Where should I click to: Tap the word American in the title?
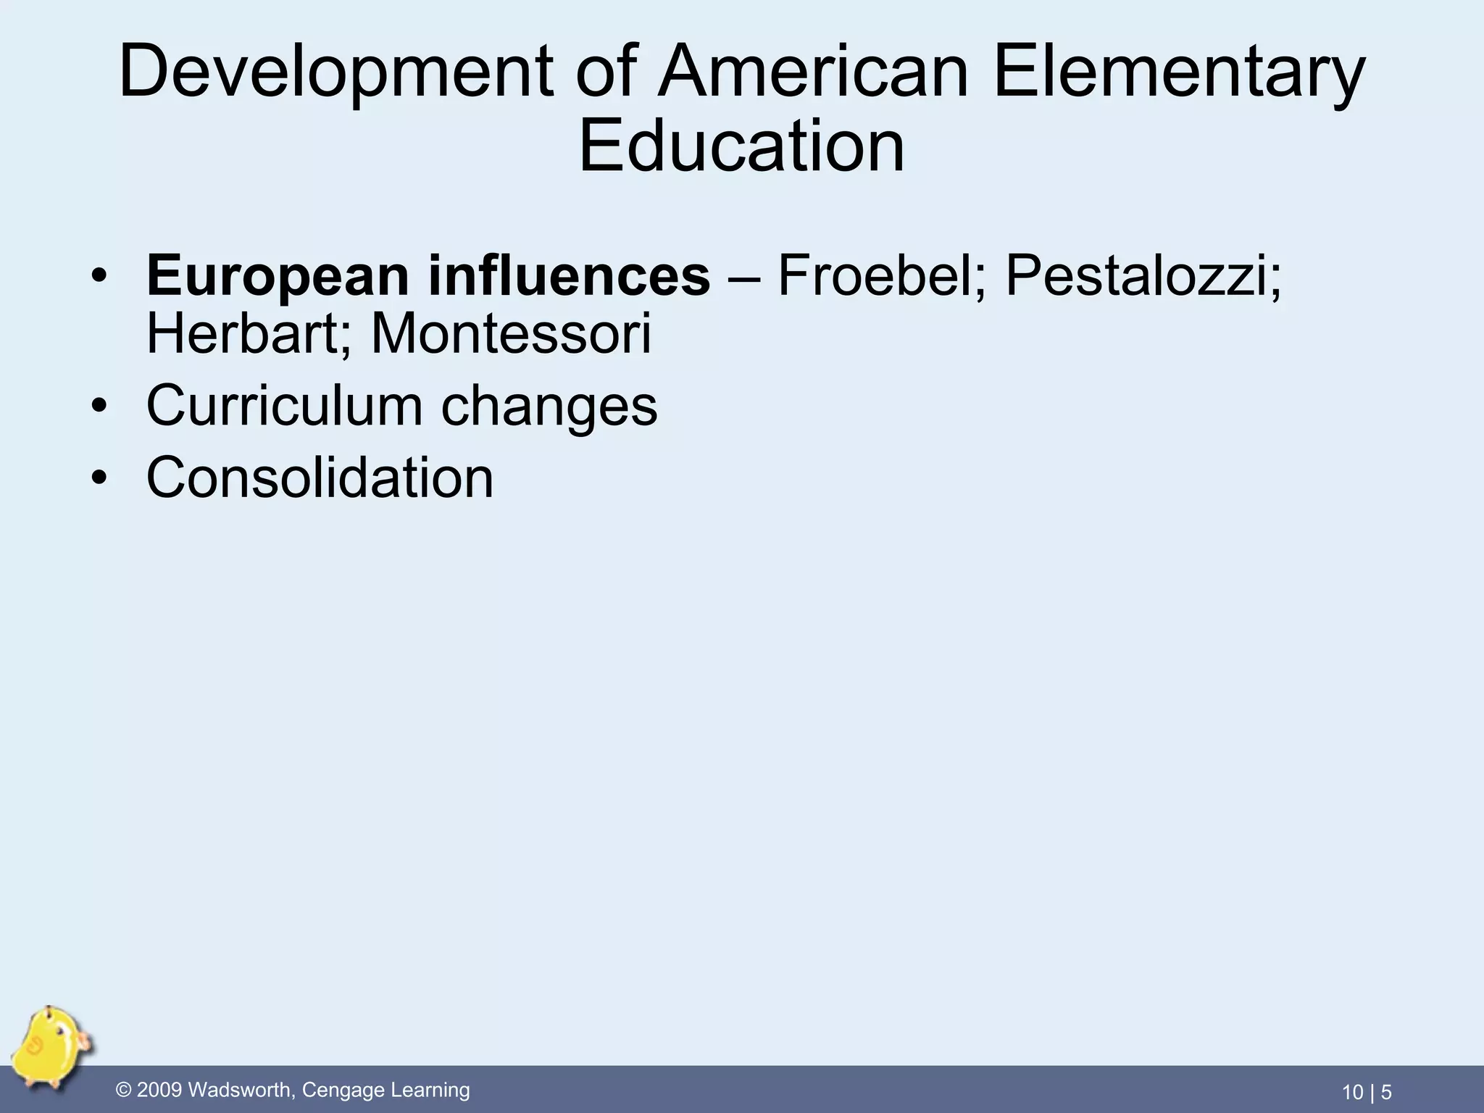(x=812, y=72)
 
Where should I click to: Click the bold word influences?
(x=569, y=276)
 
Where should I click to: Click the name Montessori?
(x=511, y=334)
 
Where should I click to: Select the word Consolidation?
(x=320, y=478)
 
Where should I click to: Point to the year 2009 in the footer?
(x=159, y=1090)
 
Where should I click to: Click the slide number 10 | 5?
(x=1367, y=1092)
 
